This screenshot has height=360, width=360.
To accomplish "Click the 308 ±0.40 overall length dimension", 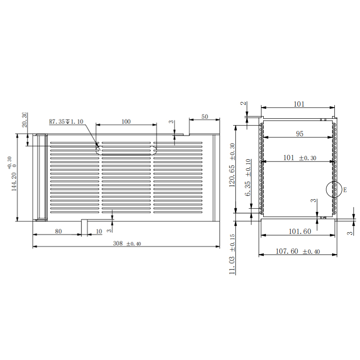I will [126, 243].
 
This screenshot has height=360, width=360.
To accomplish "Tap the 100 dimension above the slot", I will [126, 121].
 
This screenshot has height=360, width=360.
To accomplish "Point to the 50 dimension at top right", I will [205, 117].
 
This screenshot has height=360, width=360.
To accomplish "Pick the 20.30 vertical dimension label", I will [24, 120].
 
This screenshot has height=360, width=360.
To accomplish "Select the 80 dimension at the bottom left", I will [58, 231].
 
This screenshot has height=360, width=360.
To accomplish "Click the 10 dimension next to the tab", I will [99, 231].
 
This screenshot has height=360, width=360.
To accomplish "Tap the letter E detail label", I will [345, 190].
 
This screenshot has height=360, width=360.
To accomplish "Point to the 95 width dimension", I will [299, 133].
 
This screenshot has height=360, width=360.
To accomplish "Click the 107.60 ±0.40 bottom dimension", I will [297, 251].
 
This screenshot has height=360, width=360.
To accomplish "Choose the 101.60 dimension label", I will [299, 231].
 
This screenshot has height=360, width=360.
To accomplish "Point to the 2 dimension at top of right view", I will [243, 104].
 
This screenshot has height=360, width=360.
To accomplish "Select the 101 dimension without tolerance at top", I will [299, 104].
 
